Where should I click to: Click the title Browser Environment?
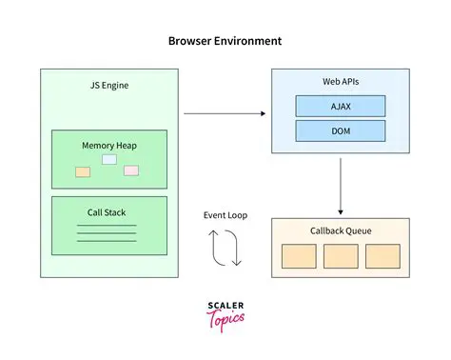pos(225,42)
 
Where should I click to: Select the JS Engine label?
pos(108,86)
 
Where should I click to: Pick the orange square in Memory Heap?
pos(83,171)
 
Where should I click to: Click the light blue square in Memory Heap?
pos(109,159)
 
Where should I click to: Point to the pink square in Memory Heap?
pos(131,170)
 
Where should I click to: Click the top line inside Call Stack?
pos(106,226)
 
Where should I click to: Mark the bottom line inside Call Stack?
pos(106,241)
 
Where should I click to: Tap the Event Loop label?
pos(225,215)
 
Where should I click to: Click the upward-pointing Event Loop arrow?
pos(217,249)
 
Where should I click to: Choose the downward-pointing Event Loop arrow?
pos(235,249)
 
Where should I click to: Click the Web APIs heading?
pos(341,85)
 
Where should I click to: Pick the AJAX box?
pos(341,107)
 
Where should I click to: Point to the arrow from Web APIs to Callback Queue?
pos(341,186)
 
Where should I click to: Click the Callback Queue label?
pos(341,231)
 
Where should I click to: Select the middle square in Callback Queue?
pos(341,255)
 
